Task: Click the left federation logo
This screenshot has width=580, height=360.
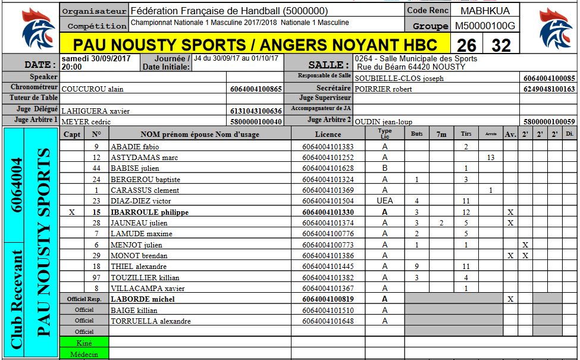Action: (x=37, y=31)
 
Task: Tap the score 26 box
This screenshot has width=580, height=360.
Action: (x=467, y=45)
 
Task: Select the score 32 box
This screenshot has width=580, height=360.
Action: (x=501, y=45)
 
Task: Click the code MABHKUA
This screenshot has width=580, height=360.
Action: (x=485, y=11)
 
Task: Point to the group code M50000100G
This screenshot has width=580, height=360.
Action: (x=485, y=26)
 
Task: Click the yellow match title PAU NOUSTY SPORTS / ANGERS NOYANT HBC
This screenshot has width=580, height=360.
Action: (x=255, y=45)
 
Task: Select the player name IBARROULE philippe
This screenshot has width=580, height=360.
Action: (x=150, y=212)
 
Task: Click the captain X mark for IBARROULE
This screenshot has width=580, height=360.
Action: (x=72, y=212)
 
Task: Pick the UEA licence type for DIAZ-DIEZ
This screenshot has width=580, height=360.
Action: (x=385, y=201)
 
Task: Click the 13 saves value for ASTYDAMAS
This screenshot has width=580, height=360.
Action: (x=490, y=158)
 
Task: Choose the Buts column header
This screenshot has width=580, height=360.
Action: (x=417, y=134)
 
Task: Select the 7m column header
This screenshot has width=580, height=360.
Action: (x=441, y=134)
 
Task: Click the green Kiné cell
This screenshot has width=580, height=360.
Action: (x=84, y=343)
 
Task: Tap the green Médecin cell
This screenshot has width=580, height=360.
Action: (x=84, y=354)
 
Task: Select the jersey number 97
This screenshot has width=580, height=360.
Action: (x=96, y=278)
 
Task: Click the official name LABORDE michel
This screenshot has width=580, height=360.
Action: (x=142, y=299)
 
